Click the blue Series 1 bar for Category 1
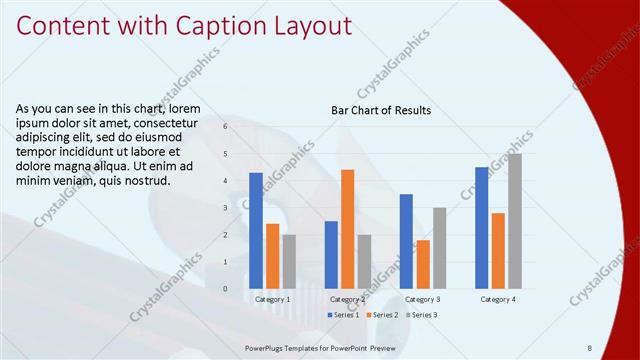[x=256, y=230]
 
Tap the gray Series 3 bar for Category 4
[x=514, y=221]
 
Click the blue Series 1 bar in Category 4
[x=481, y=227]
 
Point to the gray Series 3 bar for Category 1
[x=289, y=261]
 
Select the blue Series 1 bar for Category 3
[x=406, y=241]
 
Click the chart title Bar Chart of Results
[x=381, y=111]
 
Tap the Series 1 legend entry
[x=345, y=315]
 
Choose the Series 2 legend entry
[x=384, y=315]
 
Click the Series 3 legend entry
[x=421, y=315]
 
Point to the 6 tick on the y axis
[x=226, y=127]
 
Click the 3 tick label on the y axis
[x=226, y=208]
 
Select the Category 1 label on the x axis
[x=272, y=299]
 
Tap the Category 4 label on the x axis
[x=497, y=299]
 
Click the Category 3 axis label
[x=422, y=299]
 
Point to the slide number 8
[x=589, y=347]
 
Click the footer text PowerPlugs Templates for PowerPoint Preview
[x=321, y=347]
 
